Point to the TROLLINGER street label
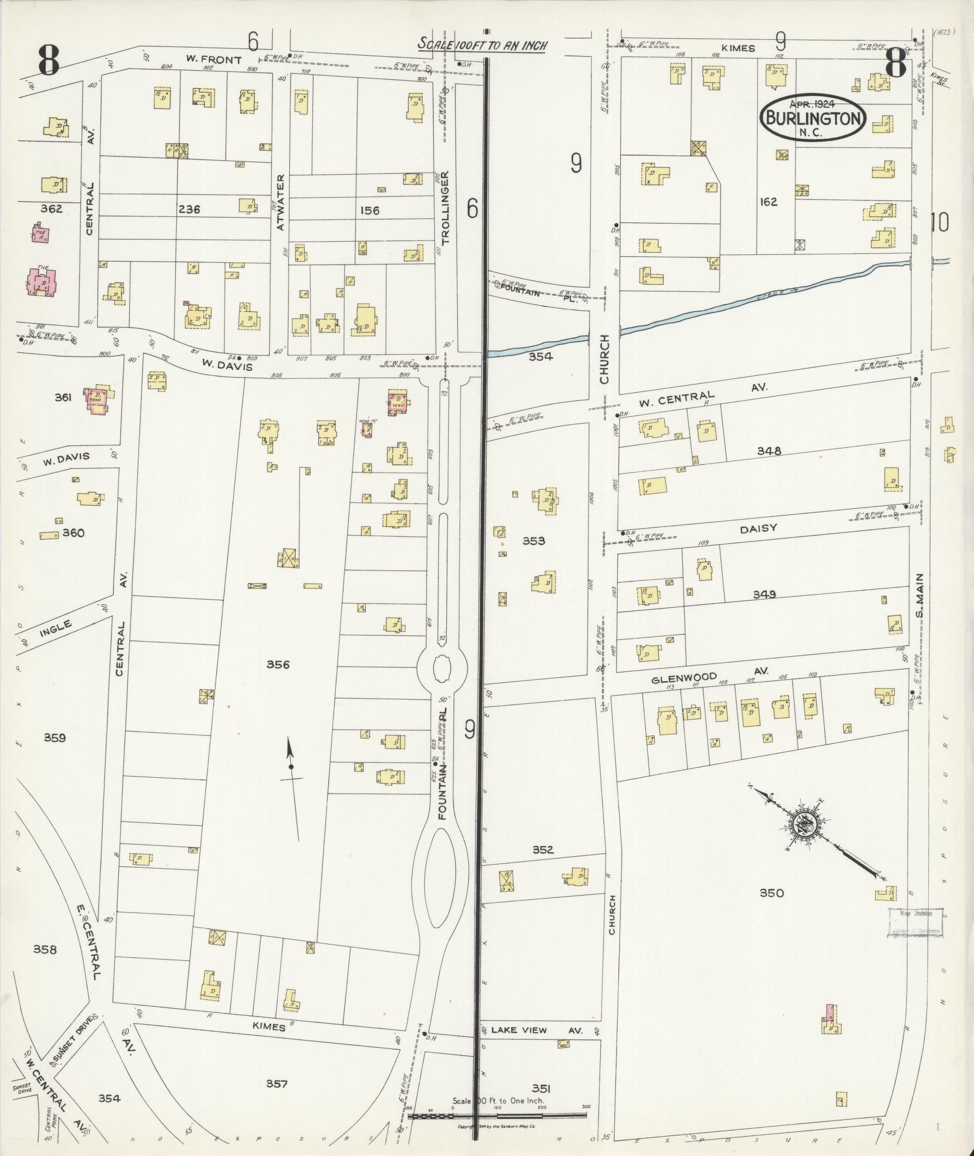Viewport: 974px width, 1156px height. [x=446, y=208]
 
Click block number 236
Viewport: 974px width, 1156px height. [x=189, y=210]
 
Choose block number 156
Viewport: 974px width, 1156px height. [x=369, y=210]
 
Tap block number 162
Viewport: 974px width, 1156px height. [x=768, y=202]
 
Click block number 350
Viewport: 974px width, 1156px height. [x=771, y=893]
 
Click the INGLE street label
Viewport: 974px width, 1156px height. [x=56, y=628]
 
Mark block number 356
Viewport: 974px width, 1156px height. [x=278, y=665]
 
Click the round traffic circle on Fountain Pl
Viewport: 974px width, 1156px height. [x=441, y=668]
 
